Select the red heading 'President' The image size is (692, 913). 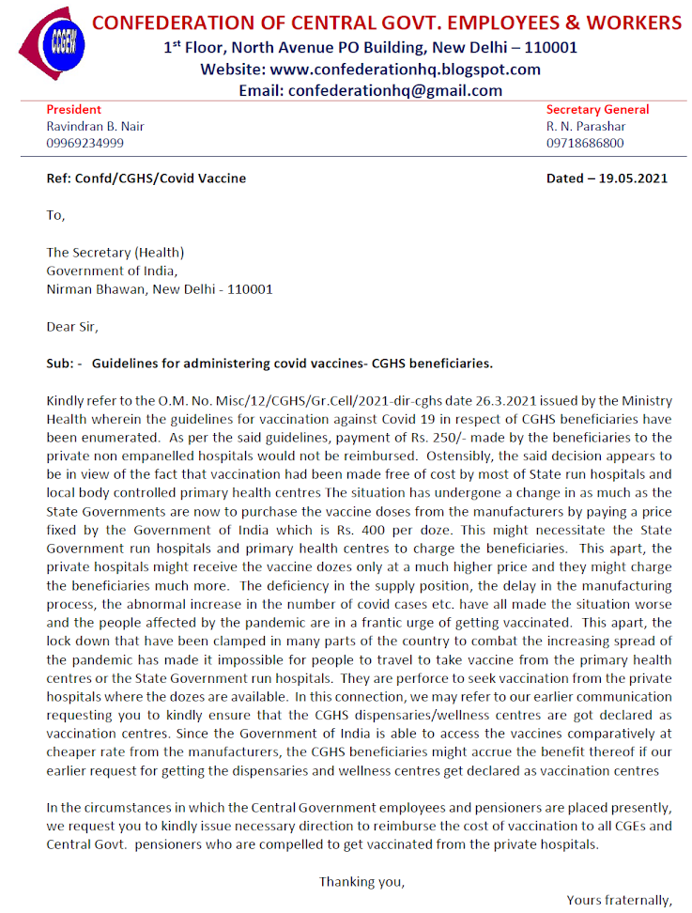click(x=74, y=110)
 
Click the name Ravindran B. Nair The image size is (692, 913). click(x=96, y=127)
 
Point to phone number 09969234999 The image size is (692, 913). click(x=85, y=144)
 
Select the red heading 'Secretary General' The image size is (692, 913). click(x=597, y=110)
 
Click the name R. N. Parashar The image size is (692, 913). click(x=586, y=127)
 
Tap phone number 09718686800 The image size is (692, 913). click(x=585, y=144)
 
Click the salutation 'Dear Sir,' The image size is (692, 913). click(x=72, y=327)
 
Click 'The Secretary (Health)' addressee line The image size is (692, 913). click(x=115, y=252)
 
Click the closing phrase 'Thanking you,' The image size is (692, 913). click(x=361, y=881)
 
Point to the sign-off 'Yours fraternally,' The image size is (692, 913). click(x=619, y=900)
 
